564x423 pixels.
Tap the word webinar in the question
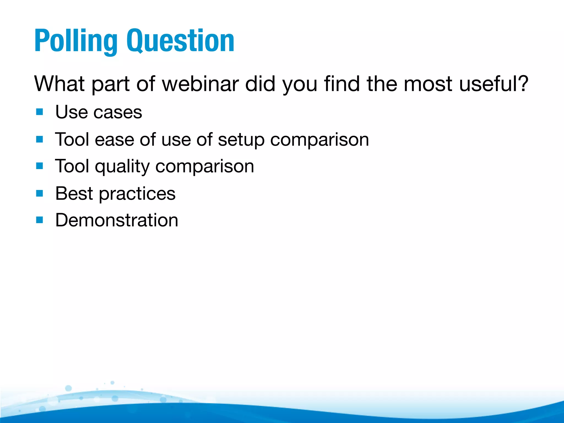tap(200, 84)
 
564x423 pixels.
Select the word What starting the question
tap(59, 84)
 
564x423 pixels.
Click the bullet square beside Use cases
tap(40, 112)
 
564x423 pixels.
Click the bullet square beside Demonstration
tap(40, 220)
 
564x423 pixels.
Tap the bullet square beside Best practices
tap(40, 193)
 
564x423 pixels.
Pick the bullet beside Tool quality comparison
tap(40, 166)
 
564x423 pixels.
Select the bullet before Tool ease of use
tap(40, 139)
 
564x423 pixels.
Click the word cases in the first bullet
tap(118, 112)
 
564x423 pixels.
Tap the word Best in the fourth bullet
tap(74, 193)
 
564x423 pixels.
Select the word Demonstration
tap(117, 220)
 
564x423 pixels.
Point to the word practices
tap(137, 194)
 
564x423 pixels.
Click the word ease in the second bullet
tap(114, 140)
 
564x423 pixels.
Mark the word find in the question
tap(342, 84)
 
